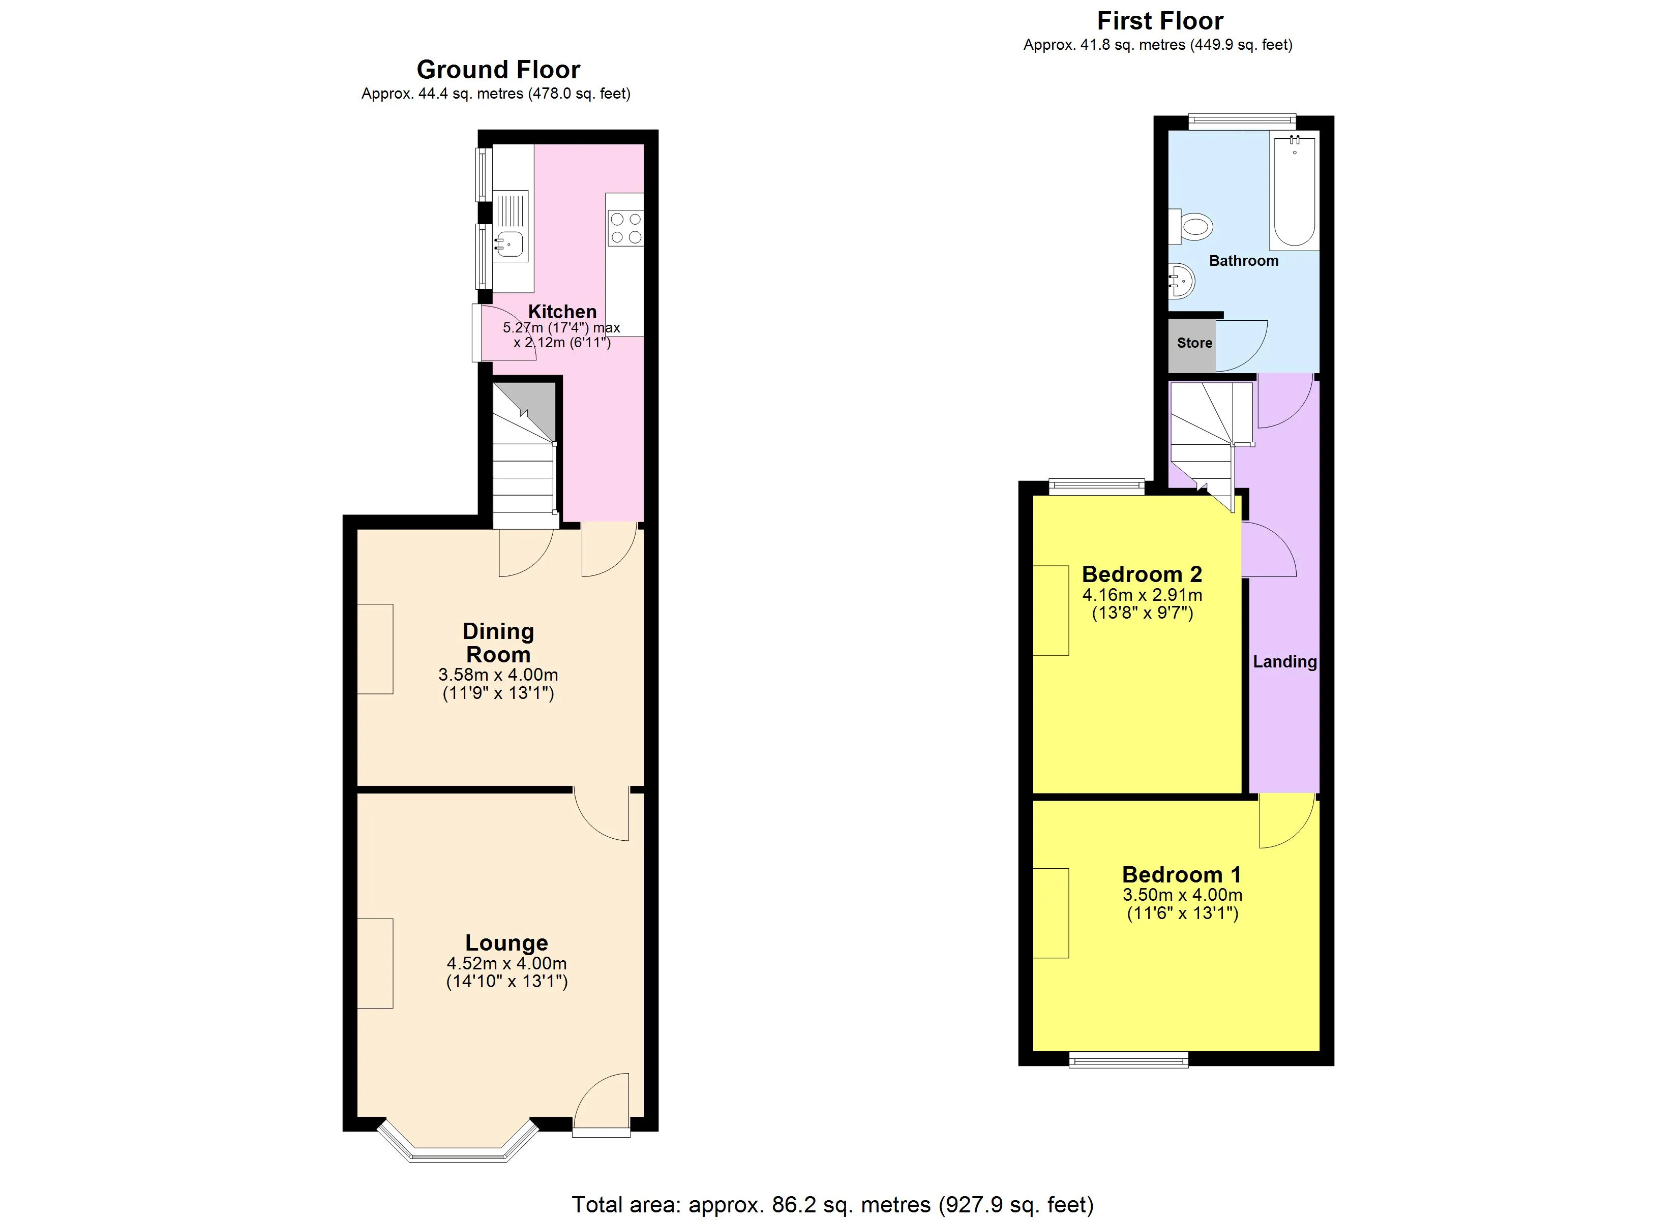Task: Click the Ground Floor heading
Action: [x=498, y=70]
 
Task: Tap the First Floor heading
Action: [x=1160, y=21]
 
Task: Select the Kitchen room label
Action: [x=562, y=312]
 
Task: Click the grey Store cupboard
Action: [x=1191, y=346]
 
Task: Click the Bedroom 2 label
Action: [x=1142, y=574]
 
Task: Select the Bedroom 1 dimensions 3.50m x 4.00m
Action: [x=1182, y=895]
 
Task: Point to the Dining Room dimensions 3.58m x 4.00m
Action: [x=498, y=675]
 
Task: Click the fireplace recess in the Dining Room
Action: [x=375, y=649]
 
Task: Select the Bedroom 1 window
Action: [x=1128, y=1060]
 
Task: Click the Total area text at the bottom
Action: [x=832, y=1204]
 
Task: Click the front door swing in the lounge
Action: [x=602, y=1103]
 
